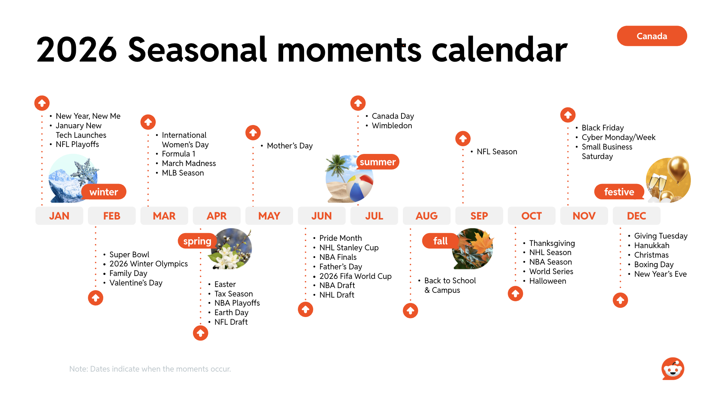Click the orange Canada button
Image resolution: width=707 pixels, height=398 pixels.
(652, 36)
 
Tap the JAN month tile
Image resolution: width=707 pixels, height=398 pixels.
(59, 216)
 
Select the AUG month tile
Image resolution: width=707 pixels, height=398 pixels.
(426, 216)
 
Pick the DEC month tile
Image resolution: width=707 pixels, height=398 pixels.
(636, 216)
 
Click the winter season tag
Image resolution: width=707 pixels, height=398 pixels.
(104, 192)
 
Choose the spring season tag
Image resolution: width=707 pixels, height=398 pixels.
(197, 241)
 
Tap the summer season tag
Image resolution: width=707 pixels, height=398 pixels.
(378, 162)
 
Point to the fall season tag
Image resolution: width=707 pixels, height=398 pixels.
(440, 241)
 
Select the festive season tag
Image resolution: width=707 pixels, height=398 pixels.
(619, 192)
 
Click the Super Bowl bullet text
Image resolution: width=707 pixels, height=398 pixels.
(129, 254)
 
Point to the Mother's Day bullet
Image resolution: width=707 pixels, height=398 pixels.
(290, 146)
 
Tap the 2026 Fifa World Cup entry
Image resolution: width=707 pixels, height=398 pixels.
(355, 276)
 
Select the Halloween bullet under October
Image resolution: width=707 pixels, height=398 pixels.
(548, 281)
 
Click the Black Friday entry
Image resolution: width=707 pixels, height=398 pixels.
(603, 128)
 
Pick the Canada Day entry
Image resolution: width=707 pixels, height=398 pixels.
(393, 116)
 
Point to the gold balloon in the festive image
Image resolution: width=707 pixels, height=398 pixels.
(678, 168)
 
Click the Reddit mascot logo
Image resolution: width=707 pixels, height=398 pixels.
(673, 369)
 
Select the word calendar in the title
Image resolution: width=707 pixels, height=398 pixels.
(500, 49)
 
